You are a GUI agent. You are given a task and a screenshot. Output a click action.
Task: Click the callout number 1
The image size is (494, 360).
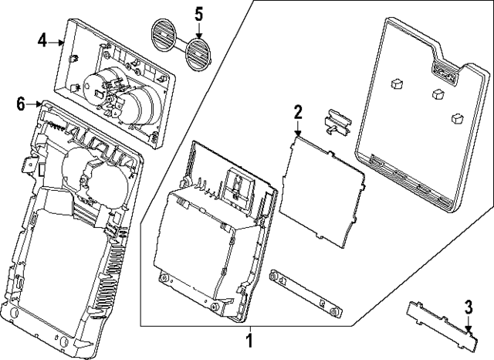[x=249, y=338]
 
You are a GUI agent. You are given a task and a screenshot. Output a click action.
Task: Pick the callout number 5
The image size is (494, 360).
[x=198, y=13]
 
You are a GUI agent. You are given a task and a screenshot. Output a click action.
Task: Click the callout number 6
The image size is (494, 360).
[x=21, y=102]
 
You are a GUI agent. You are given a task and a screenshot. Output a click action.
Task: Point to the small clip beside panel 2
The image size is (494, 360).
[x=337, y=120]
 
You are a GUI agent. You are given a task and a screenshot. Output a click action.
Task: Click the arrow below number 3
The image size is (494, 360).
[x=468, y=329]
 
